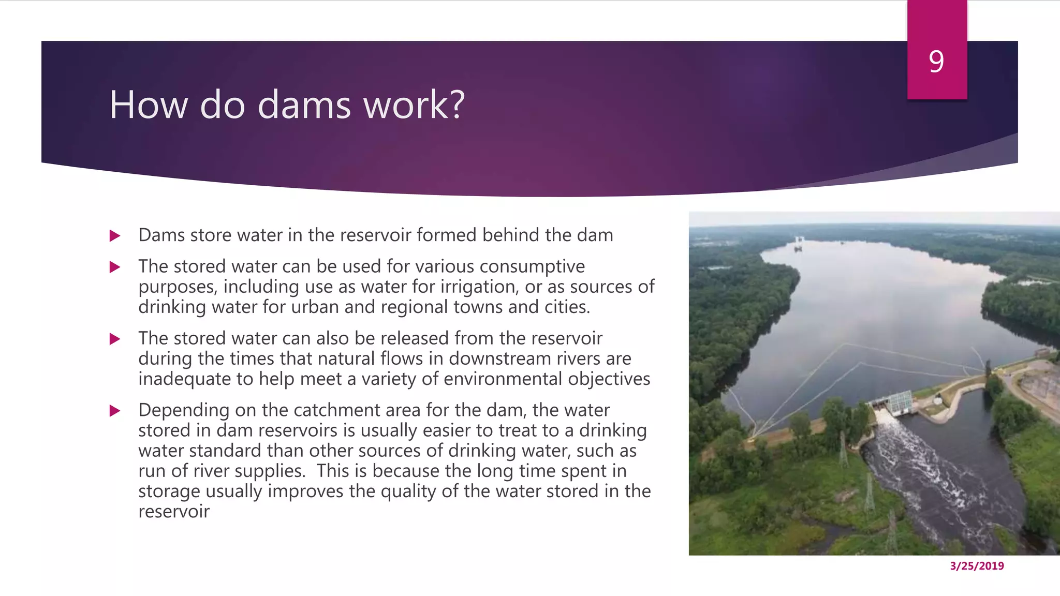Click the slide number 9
pos(936,62)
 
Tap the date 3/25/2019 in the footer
pos(977,566)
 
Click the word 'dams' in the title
pos(304,105)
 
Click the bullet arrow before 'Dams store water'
pos(115,236)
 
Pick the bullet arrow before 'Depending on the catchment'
pos(115,411)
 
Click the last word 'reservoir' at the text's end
pos(174,511)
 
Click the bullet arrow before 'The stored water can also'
pos(115,339)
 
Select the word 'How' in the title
pos(149,105)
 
